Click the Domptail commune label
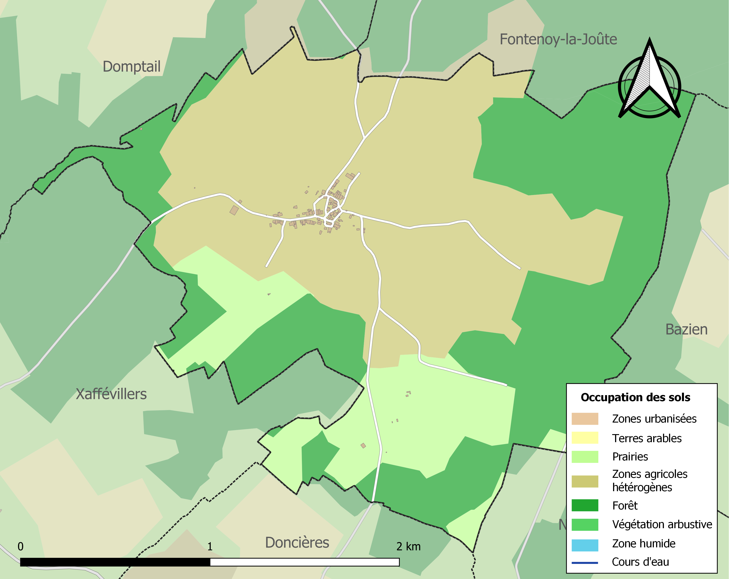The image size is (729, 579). pos(132,67)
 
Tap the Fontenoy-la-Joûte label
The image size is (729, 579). pos(558,39)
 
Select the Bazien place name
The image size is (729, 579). pos(686,330)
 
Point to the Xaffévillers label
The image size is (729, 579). pos(111,394)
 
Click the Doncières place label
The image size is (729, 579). pos(297,542)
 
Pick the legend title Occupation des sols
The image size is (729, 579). pos(635,398)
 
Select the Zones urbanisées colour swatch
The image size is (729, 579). pos(585,419)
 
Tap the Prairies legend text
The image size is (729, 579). pos(630,457)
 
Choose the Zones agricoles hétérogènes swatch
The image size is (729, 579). pos(585,481)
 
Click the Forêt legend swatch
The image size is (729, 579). pos(585,505)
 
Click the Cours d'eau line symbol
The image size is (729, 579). pos(585,563)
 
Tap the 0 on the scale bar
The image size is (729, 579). pos(21,546)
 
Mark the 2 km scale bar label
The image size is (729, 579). pos(408,546)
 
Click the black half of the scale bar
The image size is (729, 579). pos(115,562)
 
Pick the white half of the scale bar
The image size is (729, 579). pos(304,562)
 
